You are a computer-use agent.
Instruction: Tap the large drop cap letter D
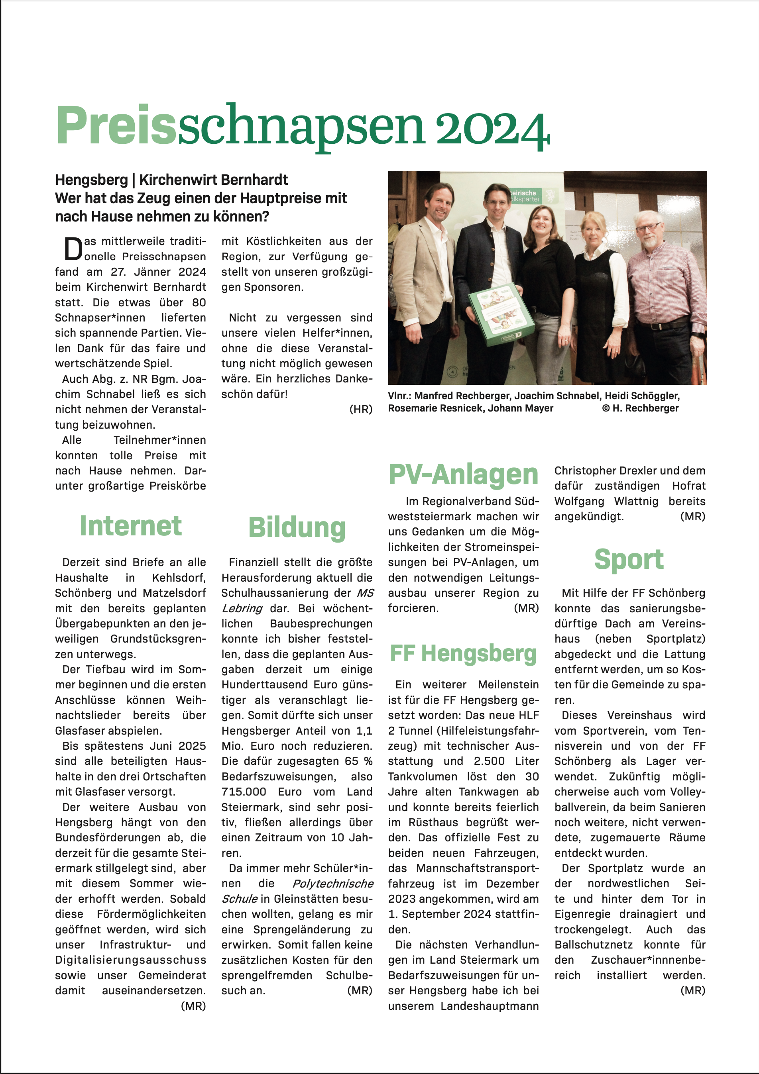(73, 249)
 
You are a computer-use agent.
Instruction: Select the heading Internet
(131, 526)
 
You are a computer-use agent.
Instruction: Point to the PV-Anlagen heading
(463, 475)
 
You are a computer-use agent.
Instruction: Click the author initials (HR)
(361, 409)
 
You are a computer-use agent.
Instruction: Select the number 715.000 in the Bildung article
(244, 792)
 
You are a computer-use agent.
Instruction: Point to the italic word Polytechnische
(333, 884)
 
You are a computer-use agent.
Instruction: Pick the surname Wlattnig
(636, 502)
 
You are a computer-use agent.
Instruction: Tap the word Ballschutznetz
(593, 945)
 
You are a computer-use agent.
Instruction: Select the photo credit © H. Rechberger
(640, 408)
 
